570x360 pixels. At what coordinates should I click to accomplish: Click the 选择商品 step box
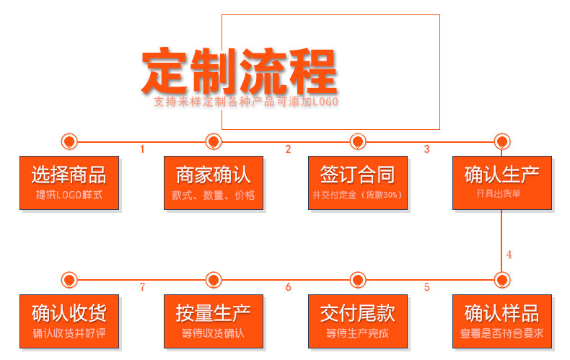69,183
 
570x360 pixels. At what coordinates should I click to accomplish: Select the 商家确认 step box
213,183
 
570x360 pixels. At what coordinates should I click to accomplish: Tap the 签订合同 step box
357,183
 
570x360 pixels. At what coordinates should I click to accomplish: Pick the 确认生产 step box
501,183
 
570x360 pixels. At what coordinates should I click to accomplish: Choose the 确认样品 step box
501,321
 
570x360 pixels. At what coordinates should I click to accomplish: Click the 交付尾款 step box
357,321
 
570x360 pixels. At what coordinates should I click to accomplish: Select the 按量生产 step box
213,321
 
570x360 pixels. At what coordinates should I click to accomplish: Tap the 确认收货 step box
69,321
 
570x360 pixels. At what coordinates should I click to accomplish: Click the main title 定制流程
239,70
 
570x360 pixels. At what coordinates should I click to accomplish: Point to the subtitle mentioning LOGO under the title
246,102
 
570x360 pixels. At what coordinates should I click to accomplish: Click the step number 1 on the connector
142,149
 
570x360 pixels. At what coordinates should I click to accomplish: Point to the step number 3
426,149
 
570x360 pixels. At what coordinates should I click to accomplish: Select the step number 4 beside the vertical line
509,255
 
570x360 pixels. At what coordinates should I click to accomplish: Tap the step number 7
142,287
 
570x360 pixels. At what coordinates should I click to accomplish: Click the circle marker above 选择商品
69,141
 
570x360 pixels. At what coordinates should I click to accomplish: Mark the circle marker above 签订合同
357,141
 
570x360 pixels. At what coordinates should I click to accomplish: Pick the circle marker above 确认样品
501,279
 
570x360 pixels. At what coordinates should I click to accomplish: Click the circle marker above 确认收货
69,279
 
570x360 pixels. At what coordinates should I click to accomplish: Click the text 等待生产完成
357,333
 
